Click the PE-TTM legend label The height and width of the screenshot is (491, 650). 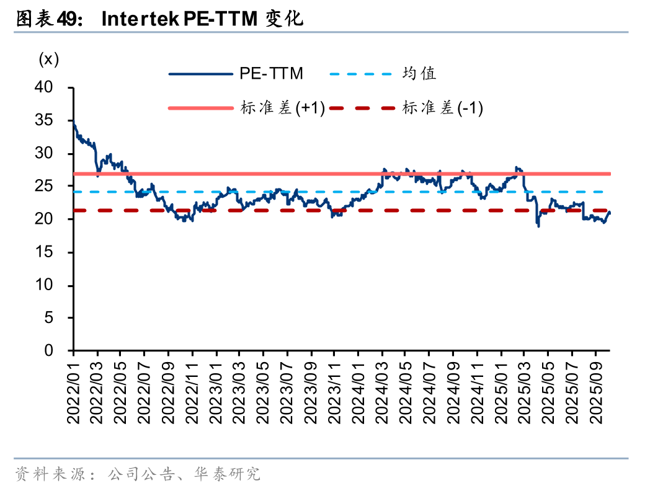click(x=272, y=74)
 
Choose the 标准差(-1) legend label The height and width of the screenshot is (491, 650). click(x=442, y=108)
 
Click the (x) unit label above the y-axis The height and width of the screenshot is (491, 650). click(x=48, y=60)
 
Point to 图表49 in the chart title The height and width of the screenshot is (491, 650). click(x=47, y=20)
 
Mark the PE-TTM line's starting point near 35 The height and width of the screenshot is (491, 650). click(x=74, y=123)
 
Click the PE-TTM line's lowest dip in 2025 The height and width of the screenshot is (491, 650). click(x=538, y=226)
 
